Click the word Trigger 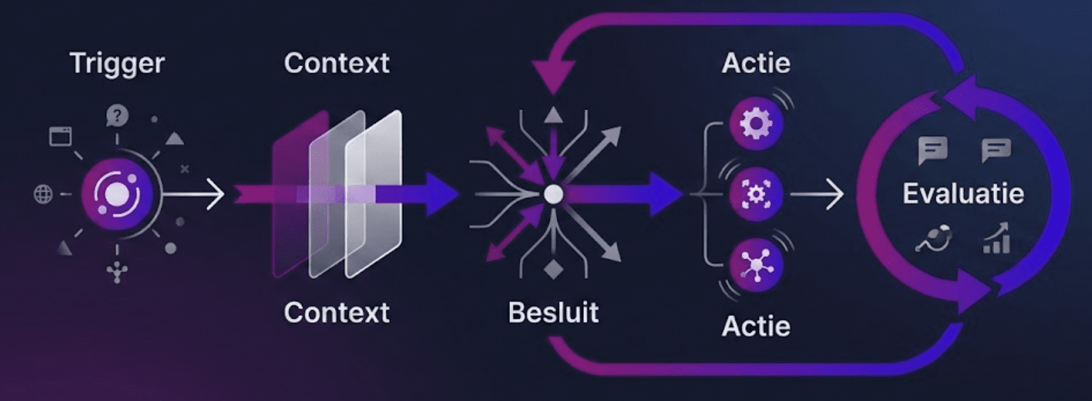[117, 64]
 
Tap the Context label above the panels [336, 63]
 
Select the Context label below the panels [336, 312]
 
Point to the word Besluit [553, 312]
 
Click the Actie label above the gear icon [756, 63]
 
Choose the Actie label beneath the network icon [756, 326]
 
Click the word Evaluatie [962, 194]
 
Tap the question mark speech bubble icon [117, 116]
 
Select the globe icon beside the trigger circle [43, 194]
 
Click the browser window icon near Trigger [61, 136]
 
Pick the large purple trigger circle [117, 194]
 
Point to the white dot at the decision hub [554, 194]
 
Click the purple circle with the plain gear [756, 123]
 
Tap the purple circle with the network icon [756, 264]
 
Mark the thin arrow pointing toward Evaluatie [818, 194]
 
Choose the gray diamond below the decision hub [554, 269]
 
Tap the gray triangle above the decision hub [554, 115]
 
